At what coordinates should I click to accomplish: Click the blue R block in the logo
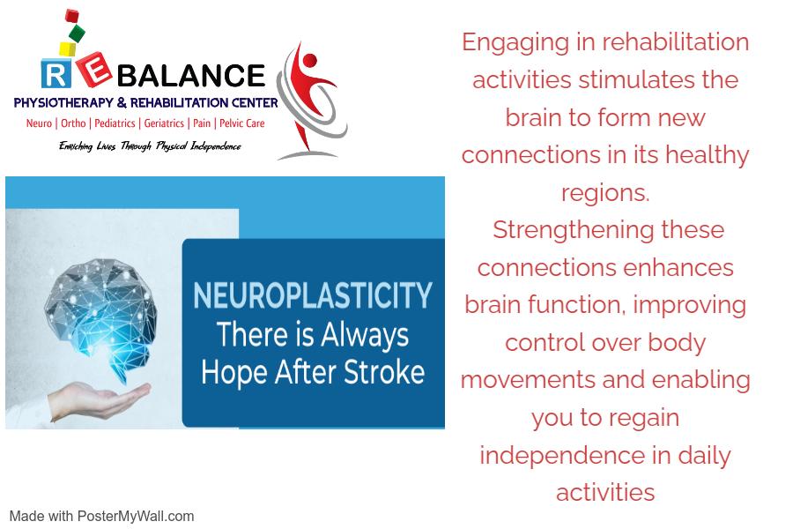click(56, 74)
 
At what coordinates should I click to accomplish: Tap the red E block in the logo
click(93, 70)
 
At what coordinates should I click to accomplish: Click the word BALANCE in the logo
click(191, 76)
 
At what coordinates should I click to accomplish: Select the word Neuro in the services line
click(39, 123)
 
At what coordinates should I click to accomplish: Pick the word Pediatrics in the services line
click(115, 123)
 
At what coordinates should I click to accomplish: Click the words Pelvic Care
click(241, 123)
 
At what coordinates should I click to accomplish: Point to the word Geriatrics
click(164, 123)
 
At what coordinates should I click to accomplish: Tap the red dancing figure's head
click(309, 61)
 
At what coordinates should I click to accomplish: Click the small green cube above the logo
click(77, 34)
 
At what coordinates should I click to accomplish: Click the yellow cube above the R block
click(67, 49)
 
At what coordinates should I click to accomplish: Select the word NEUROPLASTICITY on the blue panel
click(313, 295)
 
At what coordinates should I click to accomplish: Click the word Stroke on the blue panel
click(384, 372)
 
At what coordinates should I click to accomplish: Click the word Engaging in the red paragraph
click(515, 43)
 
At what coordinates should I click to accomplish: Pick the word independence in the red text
click(562, 455)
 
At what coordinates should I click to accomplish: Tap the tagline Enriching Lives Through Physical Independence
click(150, 146)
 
